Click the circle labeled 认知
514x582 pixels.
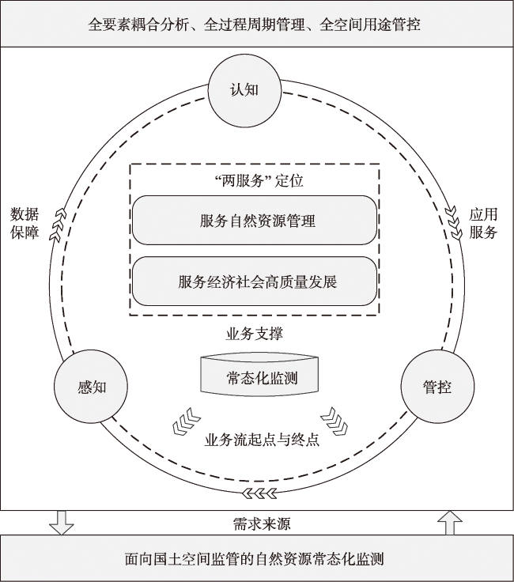click(x=244, y=91)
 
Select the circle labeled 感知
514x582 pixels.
click(x=91, y=387)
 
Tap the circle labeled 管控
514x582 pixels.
click(x=437, y=387)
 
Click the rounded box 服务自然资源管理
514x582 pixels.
click(x=255, y=220)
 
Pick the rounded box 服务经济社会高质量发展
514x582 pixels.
click(x=255, y=282)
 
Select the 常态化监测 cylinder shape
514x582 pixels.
click(x=259, y=376)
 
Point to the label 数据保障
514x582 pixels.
click(x=25, y=224)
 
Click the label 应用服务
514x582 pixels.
click(x=483, y=224)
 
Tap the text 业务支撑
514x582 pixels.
click(x=255, y=334)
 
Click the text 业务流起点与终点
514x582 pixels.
click(x=262, y=440)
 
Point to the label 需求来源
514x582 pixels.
click(x=262, y=523)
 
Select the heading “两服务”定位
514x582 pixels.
click(x=259, y=180)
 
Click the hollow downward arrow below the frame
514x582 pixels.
click(x=62, y=523)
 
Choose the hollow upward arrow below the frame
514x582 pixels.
click(x=450, y=523)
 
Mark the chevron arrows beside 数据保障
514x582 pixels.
click(x=57, y=225)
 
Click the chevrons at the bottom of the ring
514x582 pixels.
click(x=259, y=493)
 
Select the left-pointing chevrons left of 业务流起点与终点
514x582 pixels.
click(x=187, y=421)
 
